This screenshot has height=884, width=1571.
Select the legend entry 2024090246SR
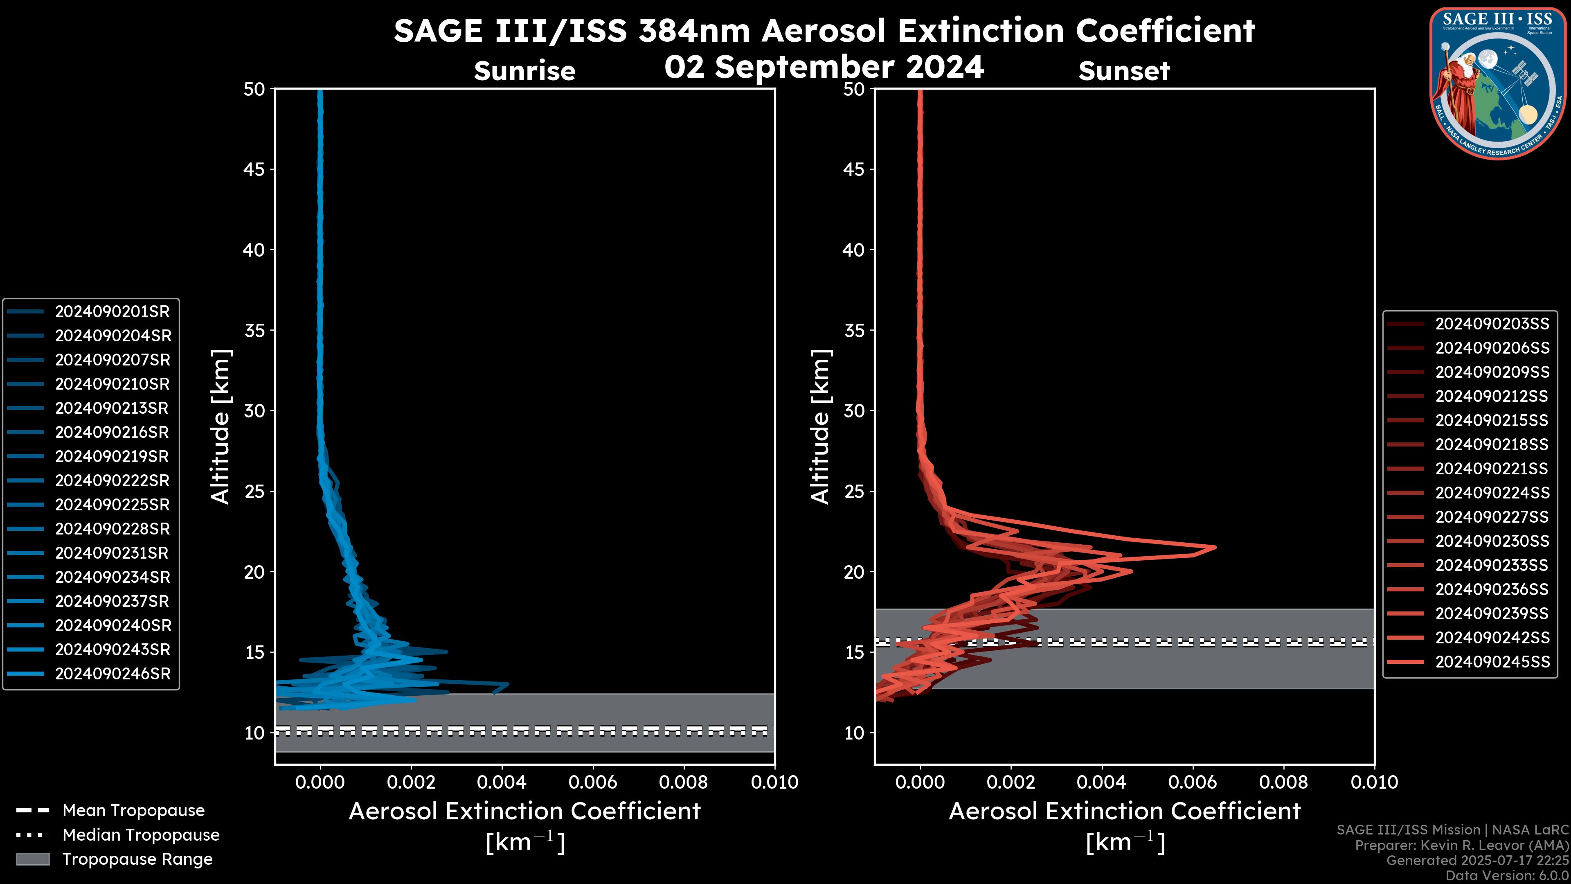coord(113,674)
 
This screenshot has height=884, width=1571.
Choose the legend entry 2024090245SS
coord(1492,662)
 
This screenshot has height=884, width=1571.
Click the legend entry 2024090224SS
coord(1492,493)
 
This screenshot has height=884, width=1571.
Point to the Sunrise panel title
coord(524,71)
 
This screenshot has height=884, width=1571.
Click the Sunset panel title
coord(1124,71)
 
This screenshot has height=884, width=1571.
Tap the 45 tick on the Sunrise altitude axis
coord(254,169)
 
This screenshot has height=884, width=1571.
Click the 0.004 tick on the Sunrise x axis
coord(501,782)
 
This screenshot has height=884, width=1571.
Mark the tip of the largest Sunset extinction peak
coord(1215,547)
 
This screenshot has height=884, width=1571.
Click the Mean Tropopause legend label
coord(133,811)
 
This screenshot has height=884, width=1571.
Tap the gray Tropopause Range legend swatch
coord(32,859)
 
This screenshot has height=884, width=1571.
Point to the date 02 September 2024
coord(824,66)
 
